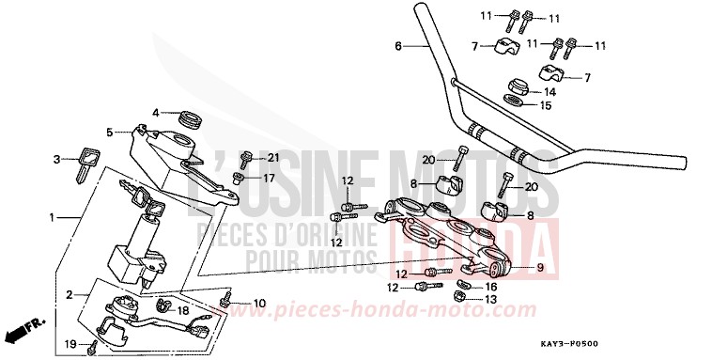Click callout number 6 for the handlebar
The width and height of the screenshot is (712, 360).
pyautogui.click(x=398, y=46)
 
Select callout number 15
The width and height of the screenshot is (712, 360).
pyautogui.click(x=545, y=106)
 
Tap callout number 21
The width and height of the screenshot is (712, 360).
pyautogui.click(x=273, y=157)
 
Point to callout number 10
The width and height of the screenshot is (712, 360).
pyautogui.click(x=259, y=302)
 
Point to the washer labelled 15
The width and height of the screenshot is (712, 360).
pyautogui.click(x=515, y=101)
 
